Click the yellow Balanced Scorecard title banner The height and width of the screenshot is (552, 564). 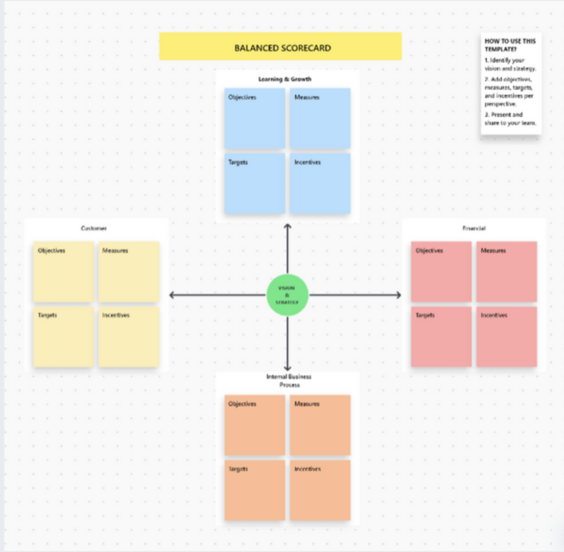pos(281,47)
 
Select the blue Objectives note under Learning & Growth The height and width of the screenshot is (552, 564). pos(254,118)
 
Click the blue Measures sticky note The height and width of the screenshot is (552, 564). pos(319,118)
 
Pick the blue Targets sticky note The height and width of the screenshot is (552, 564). pos(254,183)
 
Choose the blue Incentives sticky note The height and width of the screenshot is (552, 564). pos(319,183)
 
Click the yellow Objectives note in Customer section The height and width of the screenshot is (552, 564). pos(63,271)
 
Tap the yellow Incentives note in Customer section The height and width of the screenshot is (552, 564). pos(129,336)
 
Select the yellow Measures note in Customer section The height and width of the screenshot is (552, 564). pos(129,271)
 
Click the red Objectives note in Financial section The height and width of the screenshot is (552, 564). pos(441,271)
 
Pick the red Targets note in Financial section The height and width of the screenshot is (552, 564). pos(441,336)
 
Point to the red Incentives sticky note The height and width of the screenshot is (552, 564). pos(506,336)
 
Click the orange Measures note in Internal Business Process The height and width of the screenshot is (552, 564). pos(319,425)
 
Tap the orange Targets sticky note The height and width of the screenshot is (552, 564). pos(254,490)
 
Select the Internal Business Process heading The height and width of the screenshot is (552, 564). pos(287,380)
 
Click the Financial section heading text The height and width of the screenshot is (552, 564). pos(474,229)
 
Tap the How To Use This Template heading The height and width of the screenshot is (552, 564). pos(509,46)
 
